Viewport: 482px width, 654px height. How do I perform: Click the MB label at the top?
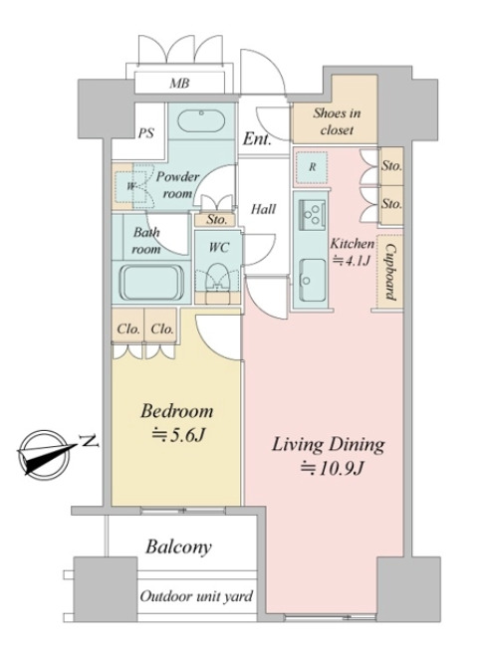[179, 84]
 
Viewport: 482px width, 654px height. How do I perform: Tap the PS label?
[146, 133]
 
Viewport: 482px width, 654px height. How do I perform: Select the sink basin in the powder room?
[201, 121]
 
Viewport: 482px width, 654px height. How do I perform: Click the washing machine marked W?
[131, 186]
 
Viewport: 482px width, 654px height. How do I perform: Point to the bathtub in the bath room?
[152, 282]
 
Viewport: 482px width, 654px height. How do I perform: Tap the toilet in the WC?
[217, 278]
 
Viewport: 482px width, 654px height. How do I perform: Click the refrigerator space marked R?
[312, 167]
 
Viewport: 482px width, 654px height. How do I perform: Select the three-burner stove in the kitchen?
[312, 214]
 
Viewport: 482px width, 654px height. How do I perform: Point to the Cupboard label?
[390, 272]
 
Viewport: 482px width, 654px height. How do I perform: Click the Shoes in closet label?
[337, 121]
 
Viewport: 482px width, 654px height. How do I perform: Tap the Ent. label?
[257, 139]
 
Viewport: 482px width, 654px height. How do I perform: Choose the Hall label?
[263, 209]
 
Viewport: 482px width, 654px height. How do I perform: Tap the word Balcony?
[178, 546]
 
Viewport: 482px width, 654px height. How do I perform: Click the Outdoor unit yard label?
[196, 596]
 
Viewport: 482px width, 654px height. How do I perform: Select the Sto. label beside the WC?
[216, 219]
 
